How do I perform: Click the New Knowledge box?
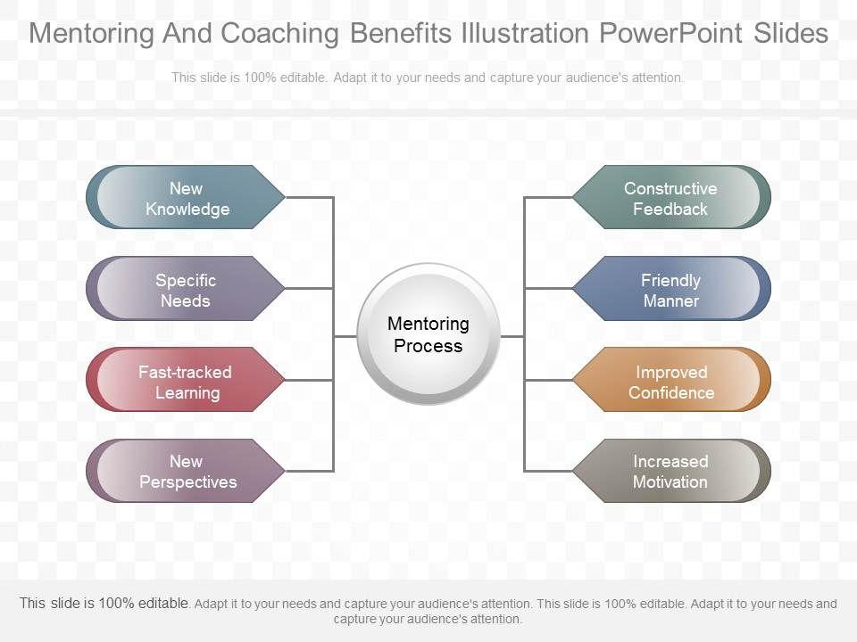tap(186, 198)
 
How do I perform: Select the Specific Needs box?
tap(186, 290)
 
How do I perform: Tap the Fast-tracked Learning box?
tap(186, 382)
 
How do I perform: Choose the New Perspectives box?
tap(186, 472)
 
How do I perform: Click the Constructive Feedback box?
tap(670, 198)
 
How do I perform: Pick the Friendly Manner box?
tap(670, 290)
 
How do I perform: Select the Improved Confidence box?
tap(670, 382)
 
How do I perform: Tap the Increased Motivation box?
tap(670, 472)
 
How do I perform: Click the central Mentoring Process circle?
tap(428, 334)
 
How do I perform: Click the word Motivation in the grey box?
tap(670, 482)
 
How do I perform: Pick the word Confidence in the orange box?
tap(671, 392)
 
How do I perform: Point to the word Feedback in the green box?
tap(670, 210)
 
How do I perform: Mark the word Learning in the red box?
tap(187, 392)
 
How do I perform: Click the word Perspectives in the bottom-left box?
tap(188, 482)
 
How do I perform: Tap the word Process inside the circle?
tap(428, 346)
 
